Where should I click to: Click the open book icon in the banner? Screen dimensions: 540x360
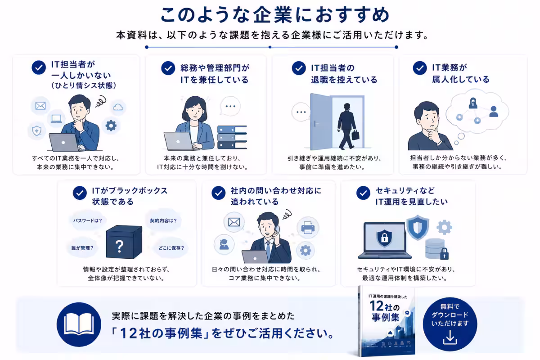79,324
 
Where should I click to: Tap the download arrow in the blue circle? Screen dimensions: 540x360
450,337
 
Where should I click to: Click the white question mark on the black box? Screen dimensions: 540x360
119,246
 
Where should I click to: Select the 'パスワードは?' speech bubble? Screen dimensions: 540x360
88,220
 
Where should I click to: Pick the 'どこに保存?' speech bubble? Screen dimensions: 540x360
171,247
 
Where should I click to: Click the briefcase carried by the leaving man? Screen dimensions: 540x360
355,135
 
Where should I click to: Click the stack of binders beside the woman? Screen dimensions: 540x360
232,137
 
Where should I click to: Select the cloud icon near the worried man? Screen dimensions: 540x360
118,107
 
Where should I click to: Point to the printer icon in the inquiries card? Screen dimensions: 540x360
308,227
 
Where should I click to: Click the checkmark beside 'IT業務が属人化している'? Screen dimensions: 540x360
420,68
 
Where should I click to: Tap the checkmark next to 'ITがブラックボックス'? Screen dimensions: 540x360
80,193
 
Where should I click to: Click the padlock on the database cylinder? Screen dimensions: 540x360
444,254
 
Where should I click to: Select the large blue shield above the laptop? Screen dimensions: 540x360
418,227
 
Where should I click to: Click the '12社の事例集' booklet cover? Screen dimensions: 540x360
387,321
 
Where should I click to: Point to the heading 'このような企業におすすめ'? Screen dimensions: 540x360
275,15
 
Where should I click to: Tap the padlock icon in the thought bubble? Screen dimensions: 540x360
473,103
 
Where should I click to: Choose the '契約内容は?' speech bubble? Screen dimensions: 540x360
163,220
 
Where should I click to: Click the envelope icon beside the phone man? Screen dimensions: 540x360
234,222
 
